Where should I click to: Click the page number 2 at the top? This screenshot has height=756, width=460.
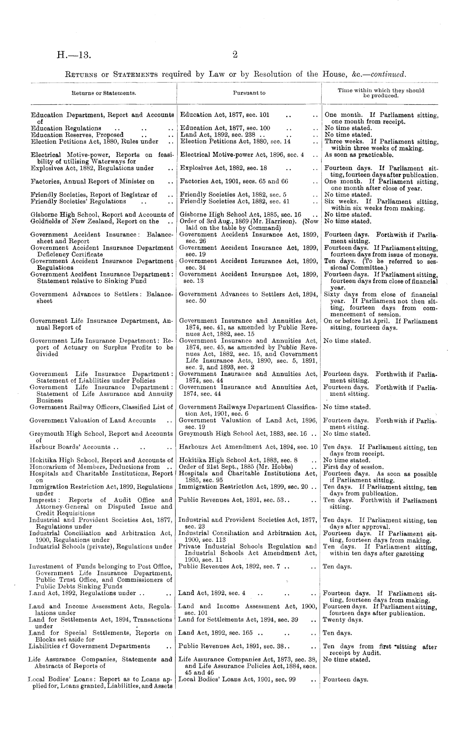(234, 54)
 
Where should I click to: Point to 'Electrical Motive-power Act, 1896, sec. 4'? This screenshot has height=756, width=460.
(242, 155)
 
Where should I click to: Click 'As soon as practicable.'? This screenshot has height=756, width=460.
(358, 155)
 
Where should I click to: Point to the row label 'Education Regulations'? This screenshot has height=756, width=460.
(66, 128)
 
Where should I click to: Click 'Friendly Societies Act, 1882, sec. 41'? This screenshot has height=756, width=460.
(234, 201)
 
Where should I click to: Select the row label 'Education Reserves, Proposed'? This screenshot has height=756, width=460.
(77, 135)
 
